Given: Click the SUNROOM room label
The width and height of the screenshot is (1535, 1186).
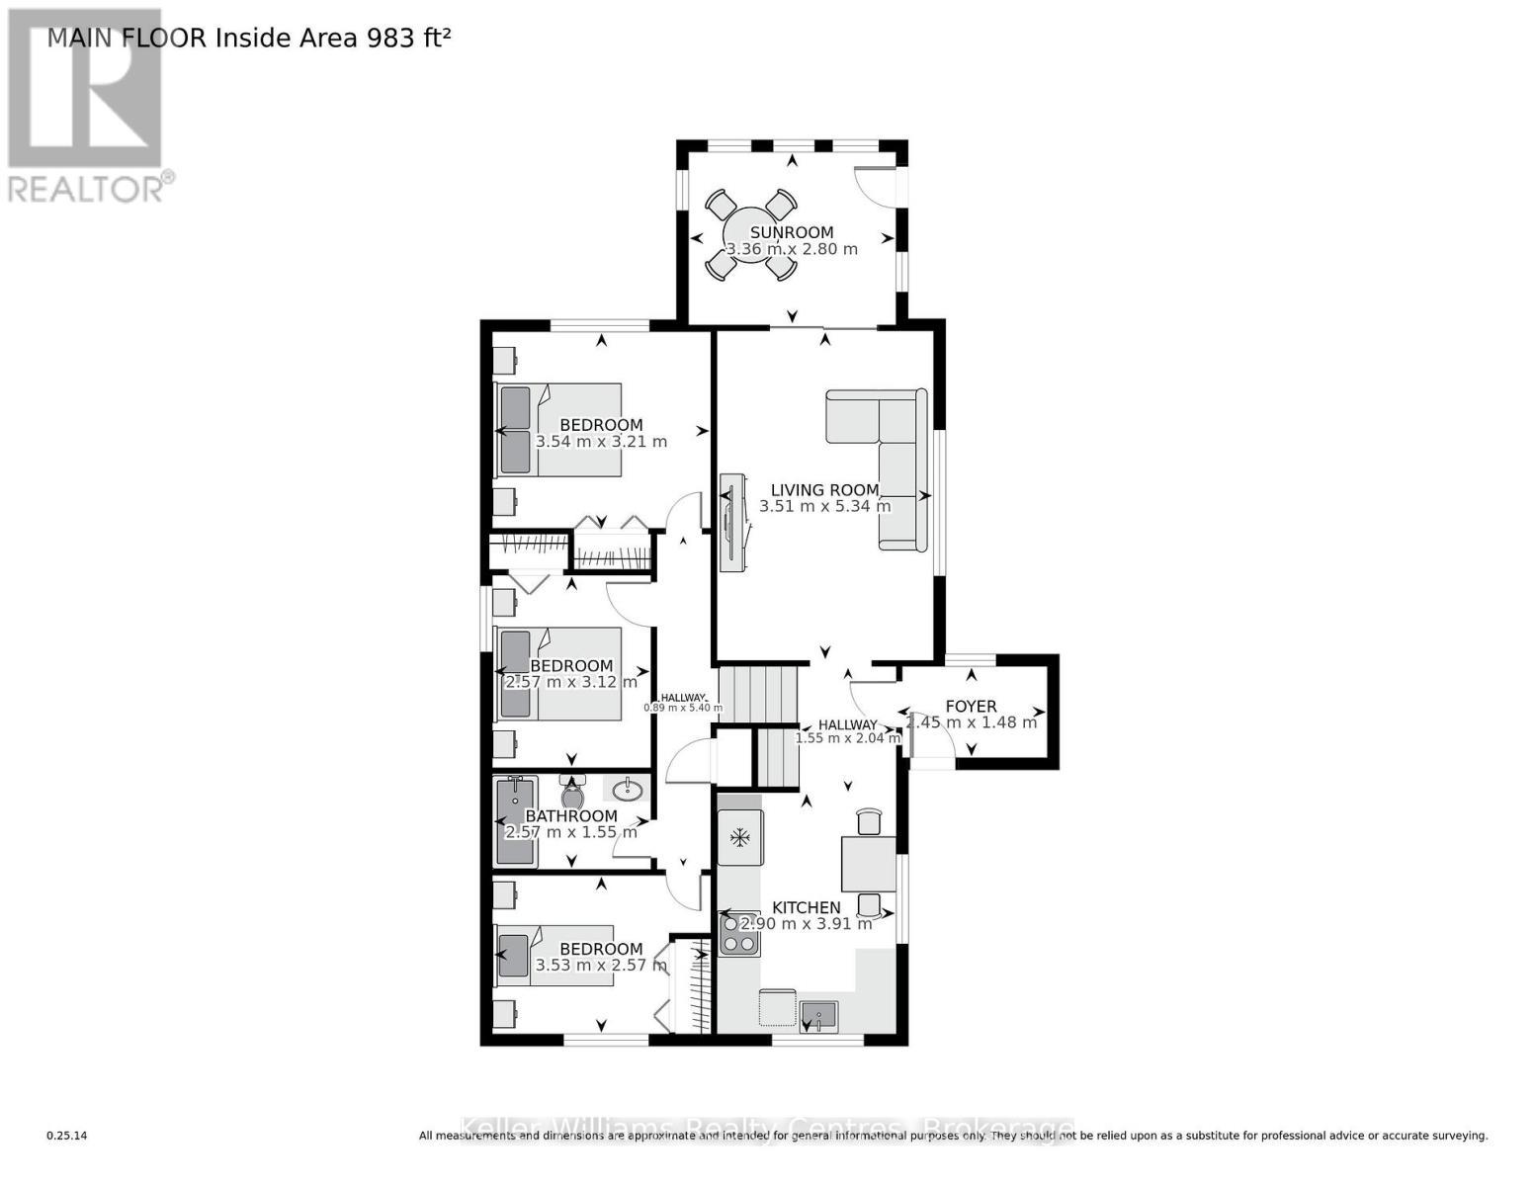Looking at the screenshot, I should [x=791, y=233].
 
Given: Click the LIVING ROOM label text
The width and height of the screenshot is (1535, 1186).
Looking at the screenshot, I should [x=824, y=490].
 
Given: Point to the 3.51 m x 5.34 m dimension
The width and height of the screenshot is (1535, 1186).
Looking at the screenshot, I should [x=824, y=507].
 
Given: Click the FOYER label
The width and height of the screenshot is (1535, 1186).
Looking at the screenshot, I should [x=971, y=707].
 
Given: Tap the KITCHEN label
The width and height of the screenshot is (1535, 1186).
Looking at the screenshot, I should [x=806, y=907].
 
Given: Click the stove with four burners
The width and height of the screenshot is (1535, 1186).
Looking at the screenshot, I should [x=739, y=934].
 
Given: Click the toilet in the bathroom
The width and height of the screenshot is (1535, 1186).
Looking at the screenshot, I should [x=572, y=793].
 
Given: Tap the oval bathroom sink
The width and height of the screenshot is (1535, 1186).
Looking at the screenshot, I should [x=625, y=790].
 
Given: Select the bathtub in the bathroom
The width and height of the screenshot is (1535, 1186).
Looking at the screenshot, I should [x=515, y=820].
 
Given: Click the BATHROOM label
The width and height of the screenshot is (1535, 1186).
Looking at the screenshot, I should [x=570, y=816].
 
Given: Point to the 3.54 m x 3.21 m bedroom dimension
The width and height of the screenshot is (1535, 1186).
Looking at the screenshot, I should [x=601, y=442].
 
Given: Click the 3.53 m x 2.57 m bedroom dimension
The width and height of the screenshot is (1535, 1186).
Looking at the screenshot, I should [x=601, y=966].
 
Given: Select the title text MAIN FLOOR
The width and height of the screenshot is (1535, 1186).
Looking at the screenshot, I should [x=127, y=39].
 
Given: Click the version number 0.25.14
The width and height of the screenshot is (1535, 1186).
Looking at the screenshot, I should [x=66, y=1136].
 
